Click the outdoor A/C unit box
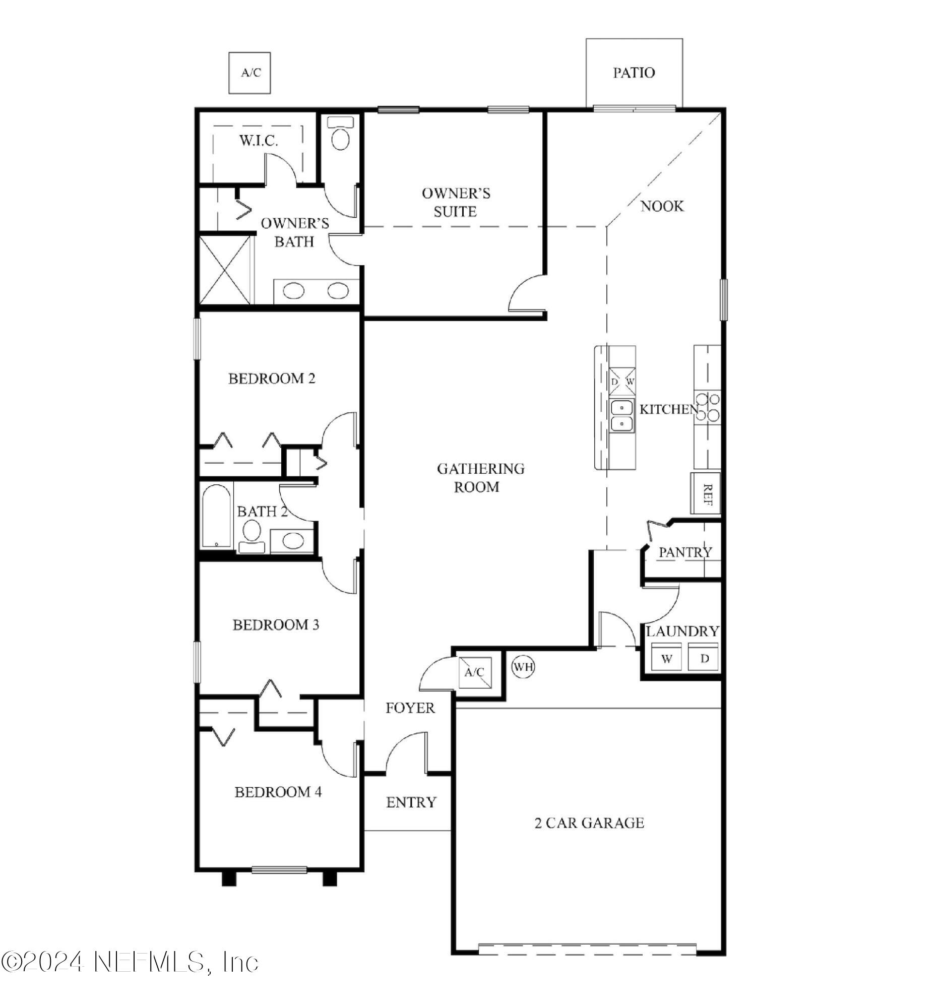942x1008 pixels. pos(249,73)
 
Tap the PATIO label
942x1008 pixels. pos(634,73)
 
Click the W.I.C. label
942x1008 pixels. pos(259,141)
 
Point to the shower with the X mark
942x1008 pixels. pos(225,269)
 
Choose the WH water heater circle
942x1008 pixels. pos(523,666)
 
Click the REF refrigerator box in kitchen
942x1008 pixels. pos(705,493)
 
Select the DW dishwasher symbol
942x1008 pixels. pos(621,381)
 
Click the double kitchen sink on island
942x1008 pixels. pos(621,416)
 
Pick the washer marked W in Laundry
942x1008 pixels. pos(666,658)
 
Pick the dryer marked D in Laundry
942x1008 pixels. pos(704,658)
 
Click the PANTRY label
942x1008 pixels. pos(685,552)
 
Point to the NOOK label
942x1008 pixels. pos(662,206)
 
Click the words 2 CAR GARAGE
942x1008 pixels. pos(589,823)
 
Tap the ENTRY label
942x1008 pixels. pos(411,802)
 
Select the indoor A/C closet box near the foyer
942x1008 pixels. pos(475,672)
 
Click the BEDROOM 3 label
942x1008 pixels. pos(276,624)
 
